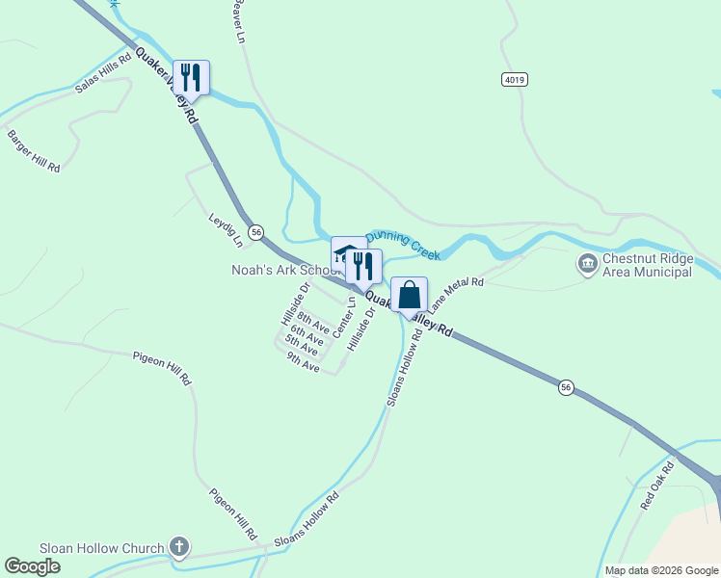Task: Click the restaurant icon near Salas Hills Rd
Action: [x=191, y=77]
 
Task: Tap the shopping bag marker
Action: [x=409, y=295]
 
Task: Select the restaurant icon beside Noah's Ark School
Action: [x=363, y=266]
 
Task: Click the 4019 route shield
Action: [x=515, y=79]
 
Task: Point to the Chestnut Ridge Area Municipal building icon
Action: [x=587, y=263]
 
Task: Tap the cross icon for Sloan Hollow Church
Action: [x=178, y=548]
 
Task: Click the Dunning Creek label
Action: [x=403, y=243]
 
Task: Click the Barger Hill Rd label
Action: [x=34, y=151]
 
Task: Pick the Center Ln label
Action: [x=344, y=317]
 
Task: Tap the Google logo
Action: [x=32, y=566]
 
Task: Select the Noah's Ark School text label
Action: [x=280, y=271]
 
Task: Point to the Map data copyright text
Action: [x=660, y=570]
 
